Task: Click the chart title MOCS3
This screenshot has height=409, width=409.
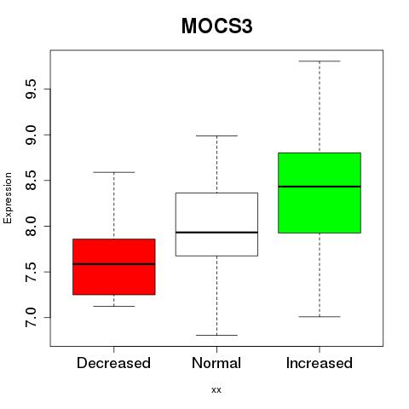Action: tap(216, 26)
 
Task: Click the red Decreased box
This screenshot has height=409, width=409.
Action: tap(114, 267)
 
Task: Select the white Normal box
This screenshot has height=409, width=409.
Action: tap(216, 224)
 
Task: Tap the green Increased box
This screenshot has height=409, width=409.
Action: tap(320, 193)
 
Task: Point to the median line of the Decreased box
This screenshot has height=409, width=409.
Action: tap(114, 264)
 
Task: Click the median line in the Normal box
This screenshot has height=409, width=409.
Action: tap(216, 233)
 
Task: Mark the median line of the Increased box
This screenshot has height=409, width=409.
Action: tap(320, 187)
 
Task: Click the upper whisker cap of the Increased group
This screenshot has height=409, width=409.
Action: tap(320, 61)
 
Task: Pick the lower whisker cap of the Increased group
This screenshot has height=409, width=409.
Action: tap(320, 316)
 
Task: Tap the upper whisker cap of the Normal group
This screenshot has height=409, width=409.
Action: tap(216, 135)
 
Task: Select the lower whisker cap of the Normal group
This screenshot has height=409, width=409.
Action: tap(216, 335)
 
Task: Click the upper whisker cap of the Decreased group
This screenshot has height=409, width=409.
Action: tap(114, 172)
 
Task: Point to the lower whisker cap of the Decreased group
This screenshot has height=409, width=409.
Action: tap(114, 306)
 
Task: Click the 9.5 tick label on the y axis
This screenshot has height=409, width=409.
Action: tap(31, 89)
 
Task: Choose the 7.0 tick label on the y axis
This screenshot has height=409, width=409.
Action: tap(31, 317)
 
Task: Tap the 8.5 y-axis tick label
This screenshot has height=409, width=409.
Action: tap(31, 181)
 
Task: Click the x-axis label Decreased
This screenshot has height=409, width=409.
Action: tap(113, 363)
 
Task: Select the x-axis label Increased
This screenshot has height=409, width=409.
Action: tap(320, 363)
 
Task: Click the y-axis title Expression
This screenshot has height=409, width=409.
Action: tap(8, 198)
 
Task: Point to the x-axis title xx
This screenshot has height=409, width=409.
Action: tap(216, 390)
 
